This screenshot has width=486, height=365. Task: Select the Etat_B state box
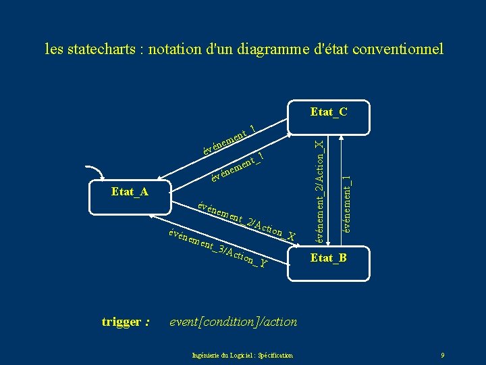pyautogui.click(x=329, y=258)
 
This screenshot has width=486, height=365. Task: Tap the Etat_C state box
pyautogui.click(x=329, y=112)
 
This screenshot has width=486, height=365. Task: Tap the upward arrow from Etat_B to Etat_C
pyautogui.click(x=344, y=182)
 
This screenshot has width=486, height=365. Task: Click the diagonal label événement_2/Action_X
pyautogui.click(x=247, y=219)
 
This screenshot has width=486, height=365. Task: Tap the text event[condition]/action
pyautogui.click(x=234, y=322)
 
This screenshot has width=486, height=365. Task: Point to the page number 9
pyautogui.click(x=442, y=355)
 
